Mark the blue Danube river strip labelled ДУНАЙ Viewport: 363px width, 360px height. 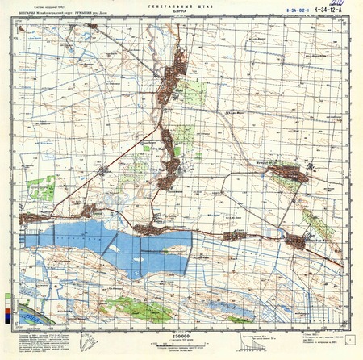(24, 308)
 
